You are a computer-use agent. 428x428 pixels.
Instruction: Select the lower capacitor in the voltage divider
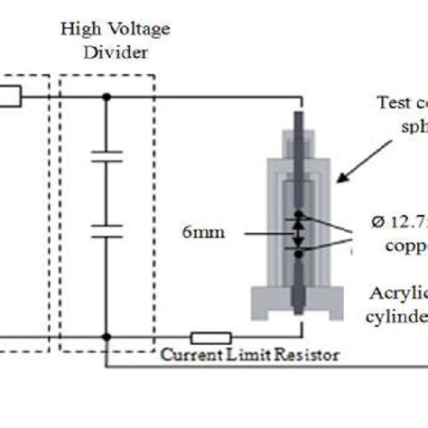[x=107, y=234]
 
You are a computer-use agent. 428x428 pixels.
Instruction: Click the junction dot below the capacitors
[x=107, y=337]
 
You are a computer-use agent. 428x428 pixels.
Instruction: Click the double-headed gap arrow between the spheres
[x=297, y=232]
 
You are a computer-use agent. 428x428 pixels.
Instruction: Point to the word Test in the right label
[x=390, y=102]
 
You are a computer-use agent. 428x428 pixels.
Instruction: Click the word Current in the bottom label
[x=189, y=355]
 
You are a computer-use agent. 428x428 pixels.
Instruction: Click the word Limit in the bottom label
[x=249, y=355]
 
